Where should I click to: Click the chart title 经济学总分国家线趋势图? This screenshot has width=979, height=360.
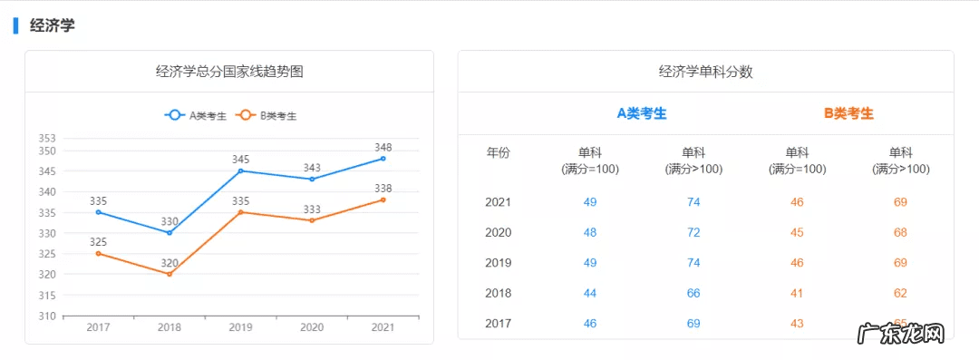229,72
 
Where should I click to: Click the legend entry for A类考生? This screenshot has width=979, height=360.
196,115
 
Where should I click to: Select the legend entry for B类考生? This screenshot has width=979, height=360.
267,115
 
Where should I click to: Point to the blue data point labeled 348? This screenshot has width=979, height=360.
383,159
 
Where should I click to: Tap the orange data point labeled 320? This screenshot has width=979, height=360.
169,274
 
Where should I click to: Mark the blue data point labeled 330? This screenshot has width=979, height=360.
169,233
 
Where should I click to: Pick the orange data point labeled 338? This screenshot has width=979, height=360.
383,199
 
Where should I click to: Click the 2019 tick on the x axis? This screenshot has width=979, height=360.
240,327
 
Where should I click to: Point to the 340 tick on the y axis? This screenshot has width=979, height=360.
46,192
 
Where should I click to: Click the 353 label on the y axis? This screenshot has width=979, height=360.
46,139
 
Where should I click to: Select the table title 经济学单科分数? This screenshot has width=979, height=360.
705,72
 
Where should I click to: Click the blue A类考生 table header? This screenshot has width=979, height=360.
642,113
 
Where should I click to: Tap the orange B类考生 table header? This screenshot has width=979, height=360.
848,113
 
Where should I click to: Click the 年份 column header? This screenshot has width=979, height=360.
499,152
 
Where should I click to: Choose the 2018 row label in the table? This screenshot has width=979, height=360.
499,293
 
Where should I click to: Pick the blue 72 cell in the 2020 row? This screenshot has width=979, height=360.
693,232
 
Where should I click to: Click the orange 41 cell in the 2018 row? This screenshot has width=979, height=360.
797,293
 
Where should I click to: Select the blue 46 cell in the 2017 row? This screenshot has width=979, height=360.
590,323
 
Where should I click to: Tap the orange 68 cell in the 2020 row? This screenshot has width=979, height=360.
900,232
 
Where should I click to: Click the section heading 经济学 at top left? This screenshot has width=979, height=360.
53,25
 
